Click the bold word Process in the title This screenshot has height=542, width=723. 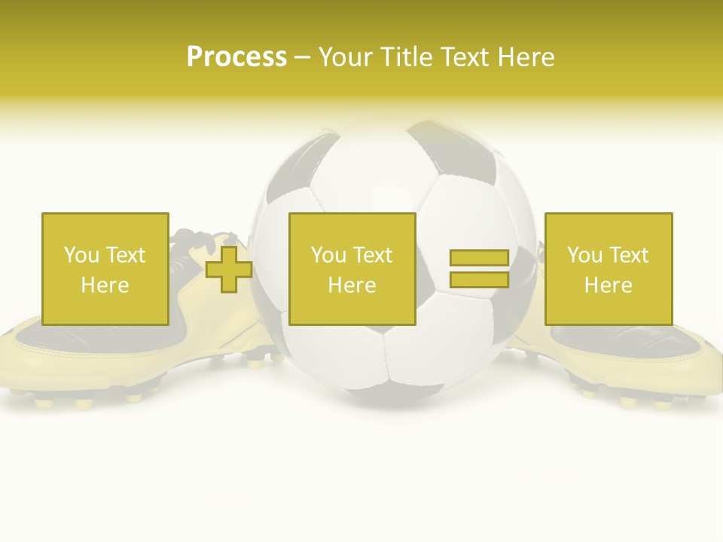236,57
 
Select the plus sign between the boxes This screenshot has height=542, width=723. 229,269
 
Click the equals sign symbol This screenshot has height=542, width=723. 479,269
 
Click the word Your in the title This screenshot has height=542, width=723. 343,57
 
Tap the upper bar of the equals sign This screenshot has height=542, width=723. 479,258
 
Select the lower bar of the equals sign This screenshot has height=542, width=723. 479,279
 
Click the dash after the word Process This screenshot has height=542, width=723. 302,58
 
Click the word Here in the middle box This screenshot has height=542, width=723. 352,285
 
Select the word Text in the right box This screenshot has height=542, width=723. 630,255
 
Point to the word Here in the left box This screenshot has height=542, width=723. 105,285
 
